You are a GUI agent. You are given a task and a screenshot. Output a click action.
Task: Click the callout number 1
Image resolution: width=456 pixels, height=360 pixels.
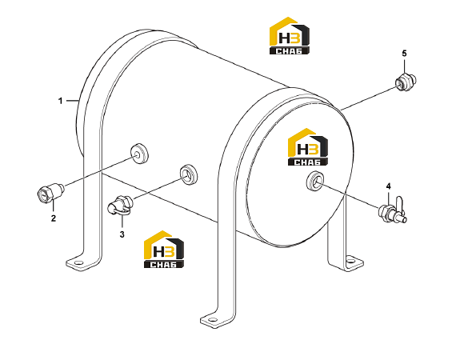coord(61,101)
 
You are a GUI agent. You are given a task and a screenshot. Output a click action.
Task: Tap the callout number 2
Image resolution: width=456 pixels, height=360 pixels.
coord(54,218)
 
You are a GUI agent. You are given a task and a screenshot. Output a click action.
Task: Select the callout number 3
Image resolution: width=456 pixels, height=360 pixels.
coord(122,234)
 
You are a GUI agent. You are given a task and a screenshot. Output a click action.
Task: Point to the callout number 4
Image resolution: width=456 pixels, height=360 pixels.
coord(389,186)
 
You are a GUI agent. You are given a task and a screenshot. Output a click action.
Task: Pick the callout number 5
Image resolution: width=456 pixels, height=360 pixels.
coord(404,54)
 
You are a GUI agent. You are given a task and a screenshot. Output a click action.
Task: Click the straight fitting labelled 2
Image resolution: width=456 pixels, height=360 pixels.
coord(50,193)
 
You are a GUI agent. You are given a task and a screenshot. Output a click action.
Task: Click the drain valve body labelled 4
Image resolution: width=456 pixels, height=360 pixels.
coord(389,212)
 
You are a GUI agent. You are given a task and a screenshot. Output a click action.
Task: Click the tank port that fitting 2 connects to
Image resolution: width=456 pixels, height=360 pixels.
coord(139,154)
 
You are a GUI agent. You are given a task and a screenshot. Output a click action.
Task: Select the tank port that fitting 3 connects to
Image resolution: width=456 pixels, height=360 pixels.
coord(189,174)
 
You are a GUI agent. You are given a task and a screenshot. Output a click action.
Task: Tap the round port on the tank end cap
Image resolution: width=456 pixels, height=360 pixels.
coord(316,181)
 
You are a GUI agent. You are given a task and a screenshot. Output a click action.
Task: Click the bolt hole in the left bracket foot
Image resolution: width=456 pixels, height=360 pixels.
coord(78,263)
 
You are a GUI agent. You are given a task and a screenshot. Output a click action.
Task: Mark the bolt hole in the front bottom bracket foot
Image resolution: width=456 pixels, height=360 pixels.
coord(213,320)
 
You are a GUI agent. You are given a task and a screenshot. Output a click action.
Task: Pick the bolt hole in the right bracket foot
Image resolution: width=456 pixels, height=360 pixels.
coord(352,260)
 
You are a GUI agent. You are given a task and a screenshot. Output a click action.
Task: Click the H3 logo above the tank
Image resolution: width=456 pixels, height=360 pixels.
coord(290,35)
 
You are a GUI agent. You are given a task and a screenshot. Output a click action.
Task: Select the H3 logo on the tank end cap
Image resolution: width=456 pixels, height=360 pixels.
coord(308,147)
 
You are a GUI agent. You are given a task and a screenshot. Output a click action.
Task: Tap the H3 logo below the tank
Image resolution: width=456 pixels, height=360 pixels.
coord(164,250)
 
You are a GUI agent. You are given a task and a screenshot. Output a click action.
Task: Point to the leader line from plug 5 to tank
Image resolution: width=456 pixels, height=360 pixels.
coord(369,98)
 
